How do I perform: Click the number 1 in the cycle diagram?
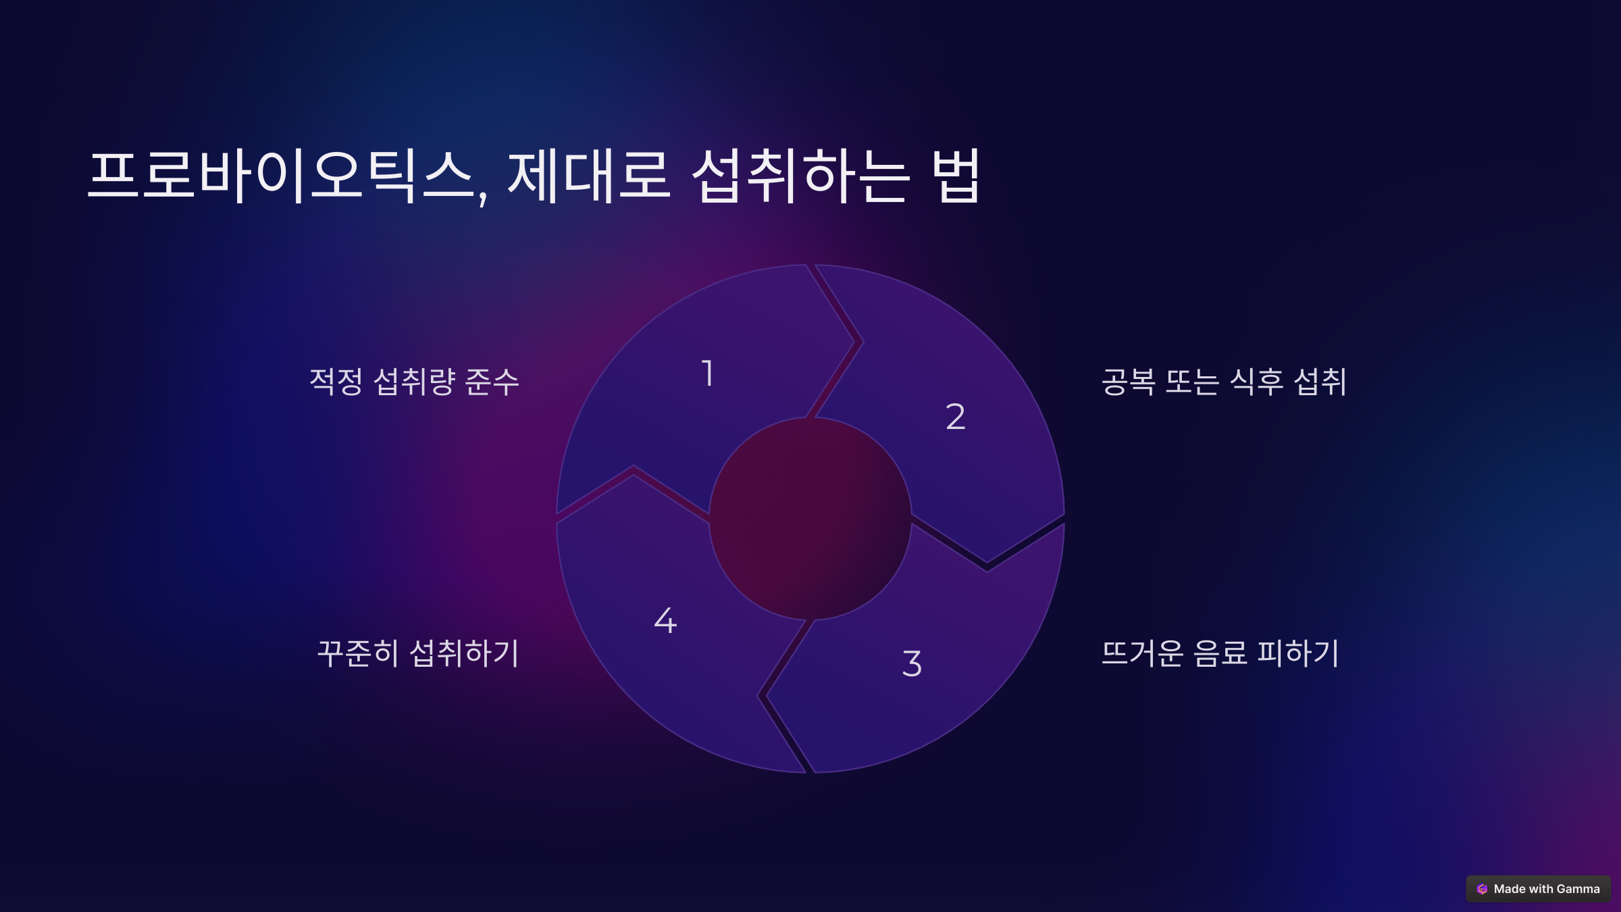pyautogui.click(x=708, y=374)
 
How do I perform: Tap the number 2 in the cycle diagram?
pyautogui.click(x=955, y=416)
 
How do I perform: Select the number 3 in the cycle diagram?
pyautogui.click(x=912, y=663)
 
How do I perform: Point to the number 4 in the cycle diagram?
pyautogui.click(x=665, y=620)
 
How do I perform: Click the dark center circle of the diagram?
pyautogui.click(x=810, y=519)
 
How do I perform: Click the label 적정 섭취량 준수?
pyautogui.click(x=414, y=382)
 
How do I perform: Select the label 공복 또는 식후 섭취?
pyautogui.click(x=1224, y=382)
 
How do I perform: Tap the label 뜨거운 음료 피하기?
pyautogui.click(x=1220, y=653)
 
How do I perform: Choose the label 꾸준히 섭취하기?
pyautogui.click(x=418, y=653)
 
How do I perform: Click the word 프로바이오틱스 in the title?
pyautogui.click(x=280, y=176)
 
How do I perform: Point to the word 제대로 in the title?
pyautogui.click(x=589, y=176)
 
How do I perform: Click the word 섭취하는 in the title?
pyautogui.click(x=801, y=176)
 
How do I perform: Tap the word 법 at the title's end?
pyautogui.click(x=956, y=176)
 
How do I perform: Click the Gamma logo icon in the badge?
pyautogui.click(x=1483, y=889)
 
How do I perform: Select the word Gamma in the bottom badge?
pyautogui.click(x=1578, y=889)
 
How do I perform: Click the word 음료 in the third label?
pyautogui.click(x=1220, y=653)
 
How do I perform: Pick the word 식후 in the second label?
pyautogui.click(x=1256, y=382)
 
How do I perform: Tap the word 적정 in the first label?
pyautogui.click(x=336, y=382)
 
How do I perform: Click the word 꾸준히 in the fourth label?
pyautogui.click(x=358, y=653)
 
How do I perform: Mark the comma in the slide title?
pyautogui.click(x=483, y=198)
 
